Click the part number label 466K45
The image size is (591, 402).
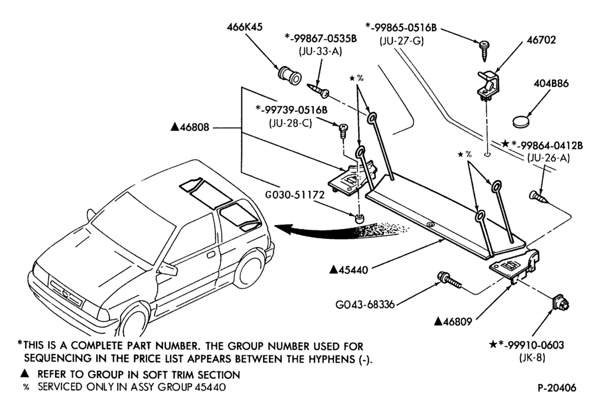[245, 27]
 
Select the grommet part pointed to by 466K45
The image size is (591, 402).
[290, 75]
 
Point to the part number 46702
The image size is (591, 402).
[541, 40]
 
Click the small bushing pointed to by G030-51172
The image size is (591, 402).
[361, 219]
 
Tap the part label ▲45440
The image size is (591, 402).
[349, 270]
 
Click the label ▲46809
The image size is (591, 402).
[453, 322]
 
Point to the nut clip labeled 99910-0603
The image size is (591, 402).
[559, 303]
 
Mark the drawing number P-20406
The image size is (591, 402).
[557, 388]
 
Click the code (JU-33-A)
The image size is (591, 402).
[320, 51]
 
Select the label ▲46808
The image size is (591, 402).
[190, 127]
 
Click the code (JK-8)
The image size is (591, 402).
[532, 358]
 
